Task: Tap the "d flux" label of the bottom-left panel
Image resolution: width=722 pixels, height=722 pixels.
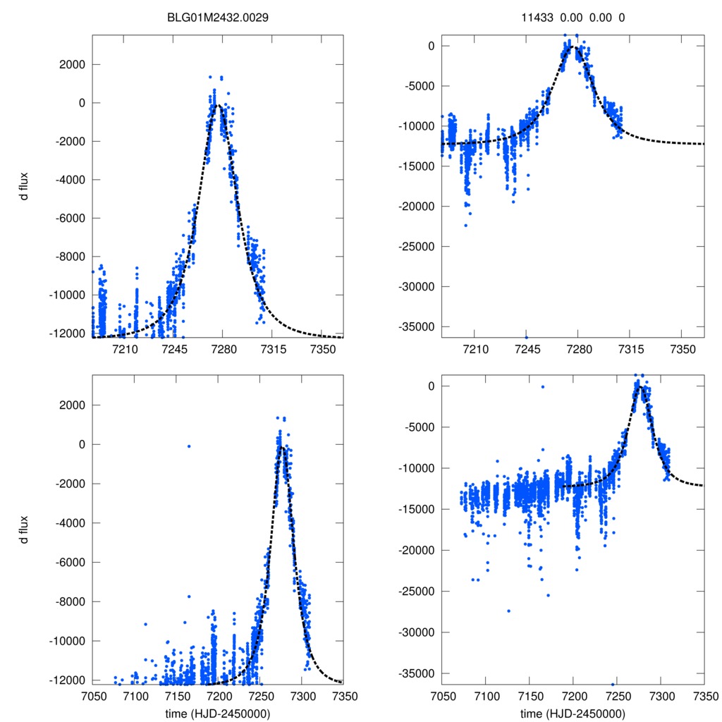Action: pos(25,529)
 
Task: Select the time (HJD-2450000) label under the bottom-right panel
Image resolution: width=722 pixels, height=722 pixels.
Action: pos(573,714)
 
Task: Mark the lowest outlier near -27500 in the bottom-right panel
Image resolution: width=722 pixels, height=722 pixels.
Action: pos(508,611)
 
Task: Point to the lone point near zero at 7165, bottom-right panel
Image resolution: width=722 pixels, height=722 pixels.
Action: pos(542,386)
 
